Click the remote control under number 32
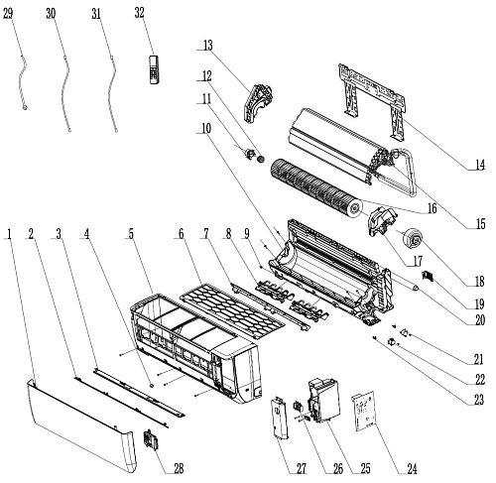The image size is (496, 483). (154, 69)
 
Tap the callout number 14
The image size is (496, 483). (479, 165)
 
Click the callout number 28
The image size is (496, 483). (179, 468)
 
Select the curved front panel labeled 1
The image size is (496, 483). (81, 426)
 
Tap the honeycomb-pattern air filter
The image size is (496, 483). (232, 310)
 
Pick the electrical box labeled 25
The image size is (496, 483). (324, 401)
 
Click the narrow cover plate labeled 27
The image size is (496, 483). (280, 419)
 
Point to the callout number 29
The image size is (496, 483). (7, 14)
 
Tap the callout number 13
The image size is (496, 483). (207, 46)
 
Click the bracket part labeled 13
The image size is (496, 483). (258, 103)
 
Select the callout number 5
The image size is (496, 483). (131, 234)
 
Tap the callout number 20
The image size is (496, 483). (479, 319)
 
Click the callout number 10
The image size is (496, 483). (206, 128)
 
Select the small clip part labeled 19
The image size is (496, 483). (429, 276)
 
